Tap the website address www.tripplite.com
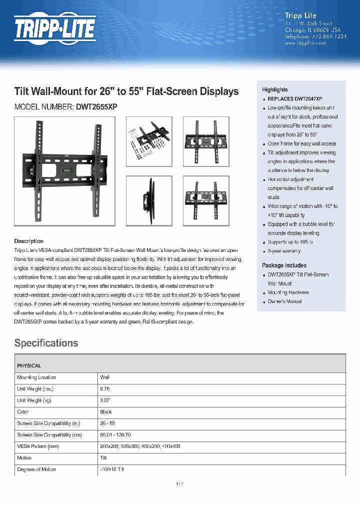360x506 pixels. (305, 43)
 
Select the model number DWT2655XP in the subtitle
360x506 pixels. (96, 106)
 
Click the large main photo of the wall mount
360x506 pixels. (64, 168)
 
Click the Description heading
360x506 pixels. (28, 241)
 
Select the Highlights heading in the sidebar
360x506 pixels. (275, 89)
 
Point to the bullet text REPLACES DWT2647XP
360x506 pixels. (294, 99)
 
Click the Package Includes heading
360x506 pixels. (284, 265)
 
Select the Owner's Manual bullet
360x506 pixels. (284, 301)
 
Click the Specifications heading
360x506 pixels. (46, 343)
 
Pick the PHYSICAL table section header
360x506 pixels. (29, 365)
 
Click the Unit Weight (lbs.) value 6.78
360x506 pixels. (104, 389)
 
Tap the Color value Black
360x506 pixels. (106, 412)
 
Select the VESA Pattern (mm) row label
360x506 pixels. (37, 446)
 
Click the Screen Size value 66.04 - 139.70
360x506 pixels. (115, 435)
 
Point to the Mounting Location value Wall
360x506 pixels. (104, 377)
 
